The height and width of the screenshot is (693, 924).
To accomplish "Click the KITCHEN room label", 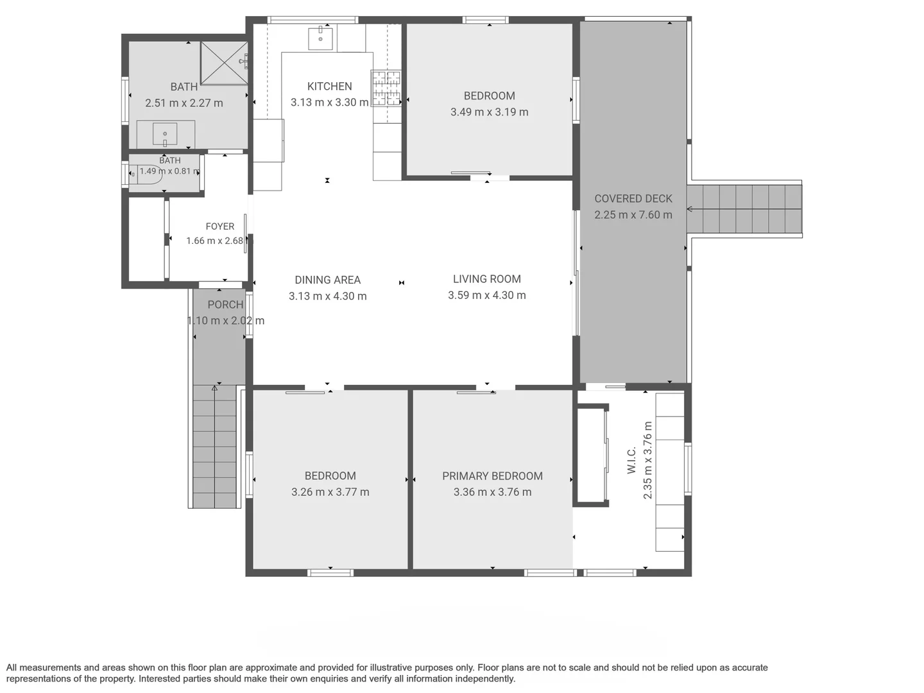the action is (x=329, y=86).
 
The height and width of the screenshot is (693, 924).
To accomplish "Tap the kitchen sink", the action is (x=320, y=38).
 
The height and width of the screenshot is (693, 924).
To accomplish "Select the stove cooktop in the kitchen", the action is (x=386, y=88).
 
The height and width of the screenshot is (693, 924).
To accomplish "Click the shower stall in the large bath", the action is (x=224, y=63).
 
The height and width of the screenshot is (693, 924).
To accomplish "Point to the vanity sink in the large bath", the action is (x=165, y=134).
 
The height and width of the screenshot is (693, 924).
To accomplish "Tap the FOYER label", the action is (x=219, y=227).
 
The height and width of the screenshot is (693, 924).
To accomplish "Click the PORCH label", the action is (x=225, y=305).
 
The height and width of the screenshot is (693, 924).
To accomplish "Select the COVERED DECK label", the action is (x=633, y=199).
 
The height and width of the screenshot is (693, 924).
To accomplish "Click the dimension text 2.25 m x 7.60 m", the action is (x=633, y=215).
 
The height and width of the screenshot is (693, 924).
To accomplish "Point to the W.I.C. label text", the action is (x=631, y=460).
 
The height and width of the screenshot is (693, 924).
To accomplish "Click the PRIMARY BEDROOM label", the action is (x=492, y=476).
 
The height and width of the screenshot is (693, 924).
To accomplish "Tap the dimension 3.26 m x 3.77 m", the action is (x=330, y=492).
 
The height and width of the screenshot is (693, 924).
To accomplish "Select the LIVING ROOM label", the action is (x=486, y=279).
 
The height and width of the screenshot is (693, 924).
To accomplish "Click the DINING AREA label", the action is (x=327, y=280).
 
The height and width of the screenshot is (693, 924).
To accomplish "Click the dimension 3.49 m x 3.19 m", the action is (x=489, y=112).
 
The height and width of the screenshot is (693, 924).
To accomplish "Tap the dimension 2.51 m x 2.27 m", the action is (x=184, y=103).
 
